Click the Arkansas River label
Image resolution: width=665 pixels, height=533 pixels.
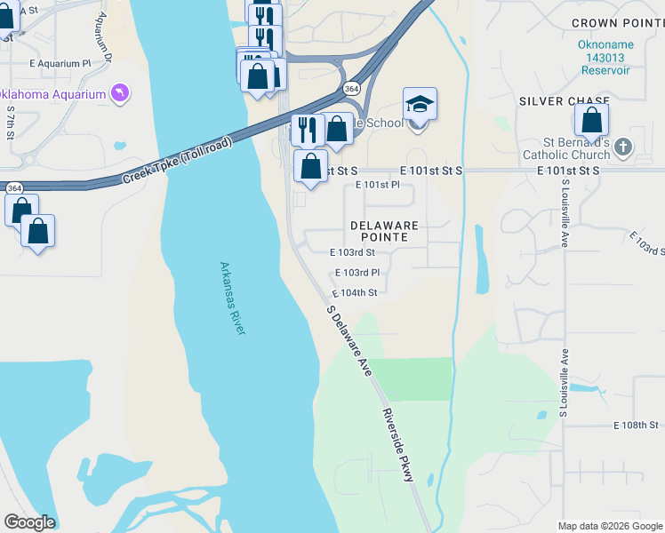pos(233,298)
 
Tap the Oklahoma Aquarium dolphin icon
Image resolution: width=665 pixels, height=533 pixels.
pos(119,93)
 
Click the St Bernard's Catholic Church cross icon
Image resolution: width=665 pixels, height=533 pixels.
pos(623,147)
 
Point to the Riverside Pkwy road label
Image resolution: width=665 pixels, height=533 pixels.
pos(397,445)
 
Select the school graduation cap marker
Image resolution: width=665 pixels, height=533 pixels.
pos(420,105)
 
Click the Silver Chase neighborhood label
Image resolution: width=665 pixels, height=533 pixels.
pos(565,101)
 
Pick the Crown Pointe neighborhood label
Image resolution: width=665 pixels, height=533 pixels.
pos(613,23)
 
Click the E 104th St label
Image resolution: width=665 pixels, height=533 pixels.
pos(355,292)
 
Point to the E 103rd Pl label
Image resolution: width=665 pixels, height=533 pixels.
pos(357,273)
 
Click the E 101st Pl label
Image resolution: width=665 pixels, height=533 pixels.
pos(378,185)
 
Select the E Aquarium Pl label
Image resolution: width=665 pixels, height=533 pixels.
pos(60,64)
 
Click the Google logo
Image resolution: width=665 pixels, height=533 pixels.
pos(29,522)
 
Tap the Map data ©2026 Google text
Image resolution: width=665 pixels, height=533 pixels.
pos(609,526)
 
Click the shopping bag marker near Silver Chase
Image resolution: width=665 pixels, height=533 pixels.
pos(591,120)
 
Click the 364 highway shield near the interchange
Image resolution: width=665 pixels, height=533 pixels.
pos(352,89)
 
